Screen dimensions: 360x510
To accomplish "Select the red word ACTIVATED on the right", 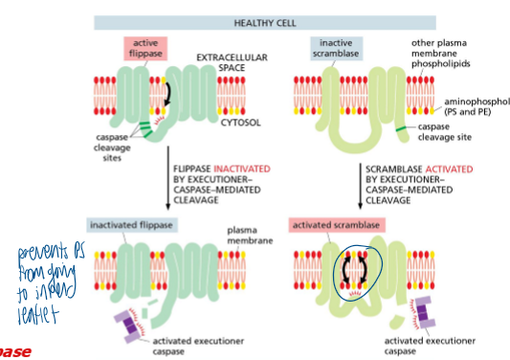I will click(x=448, y=168).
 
